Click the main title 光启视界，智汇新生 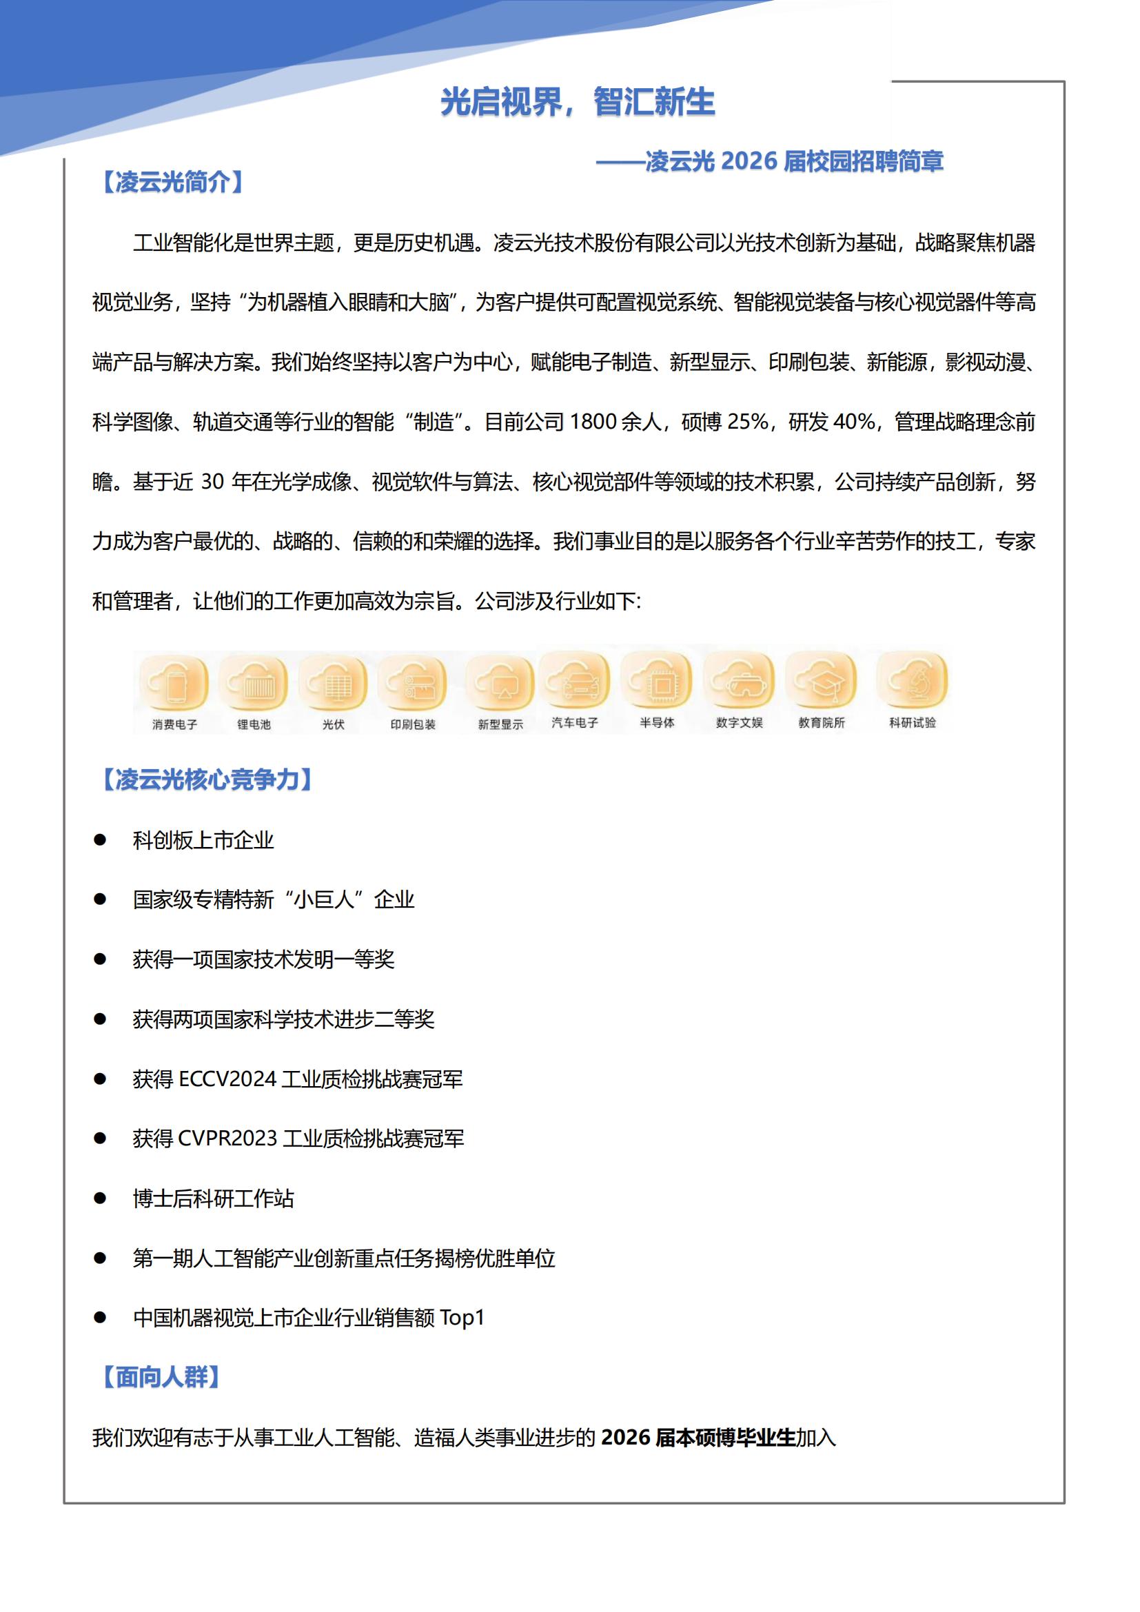pyautogui.click(x=577, y=103)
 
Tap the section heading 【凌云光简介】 pyautogui.click(x=173, y=183)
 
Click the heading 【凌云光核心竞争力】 pyautogui.click(x=207, y=779)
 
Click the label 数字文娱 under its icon pyautogui.click(x=739, y=722)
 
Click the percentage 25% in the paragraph pyautogui.click(x=748, y=422)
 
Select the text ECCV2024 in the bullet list pyautogui.click(x=227, y=1079)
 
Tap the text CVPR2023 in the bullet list pyautogui.click(x=227, y=1139)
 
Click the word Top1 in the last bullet pyautogui.click(x=462, y=1318)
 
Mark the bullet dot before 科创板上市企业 pyautogui.click(x=100, y=839)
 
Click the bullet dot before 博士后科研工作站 pyautogui.click(x=100, y=1198)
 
